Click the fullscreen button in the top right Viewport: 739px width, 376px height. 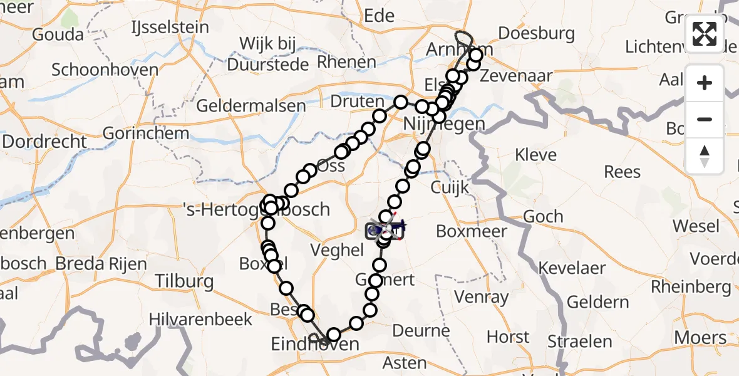(x=705, y=33)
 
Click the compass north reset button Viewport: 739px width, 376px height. (x=705, y=156)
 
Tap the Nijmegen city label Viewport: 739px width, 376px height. (x=445, y=123)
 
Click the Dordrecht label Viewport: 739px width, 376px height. (x=44, y=141)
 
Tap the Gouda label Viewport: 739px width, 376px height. (x=57, y=34)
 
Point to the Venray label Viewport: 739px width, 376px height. (x=482, y=296)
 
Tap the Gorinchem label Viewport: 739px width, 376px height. (x=145, y=133)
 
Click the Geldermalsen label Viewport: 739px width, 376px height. (x=251, y=106)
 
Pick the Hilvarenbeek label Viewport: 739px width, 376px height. (x=200, y=319)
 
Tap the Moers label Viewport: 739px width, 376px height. (x=700, y=338)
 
